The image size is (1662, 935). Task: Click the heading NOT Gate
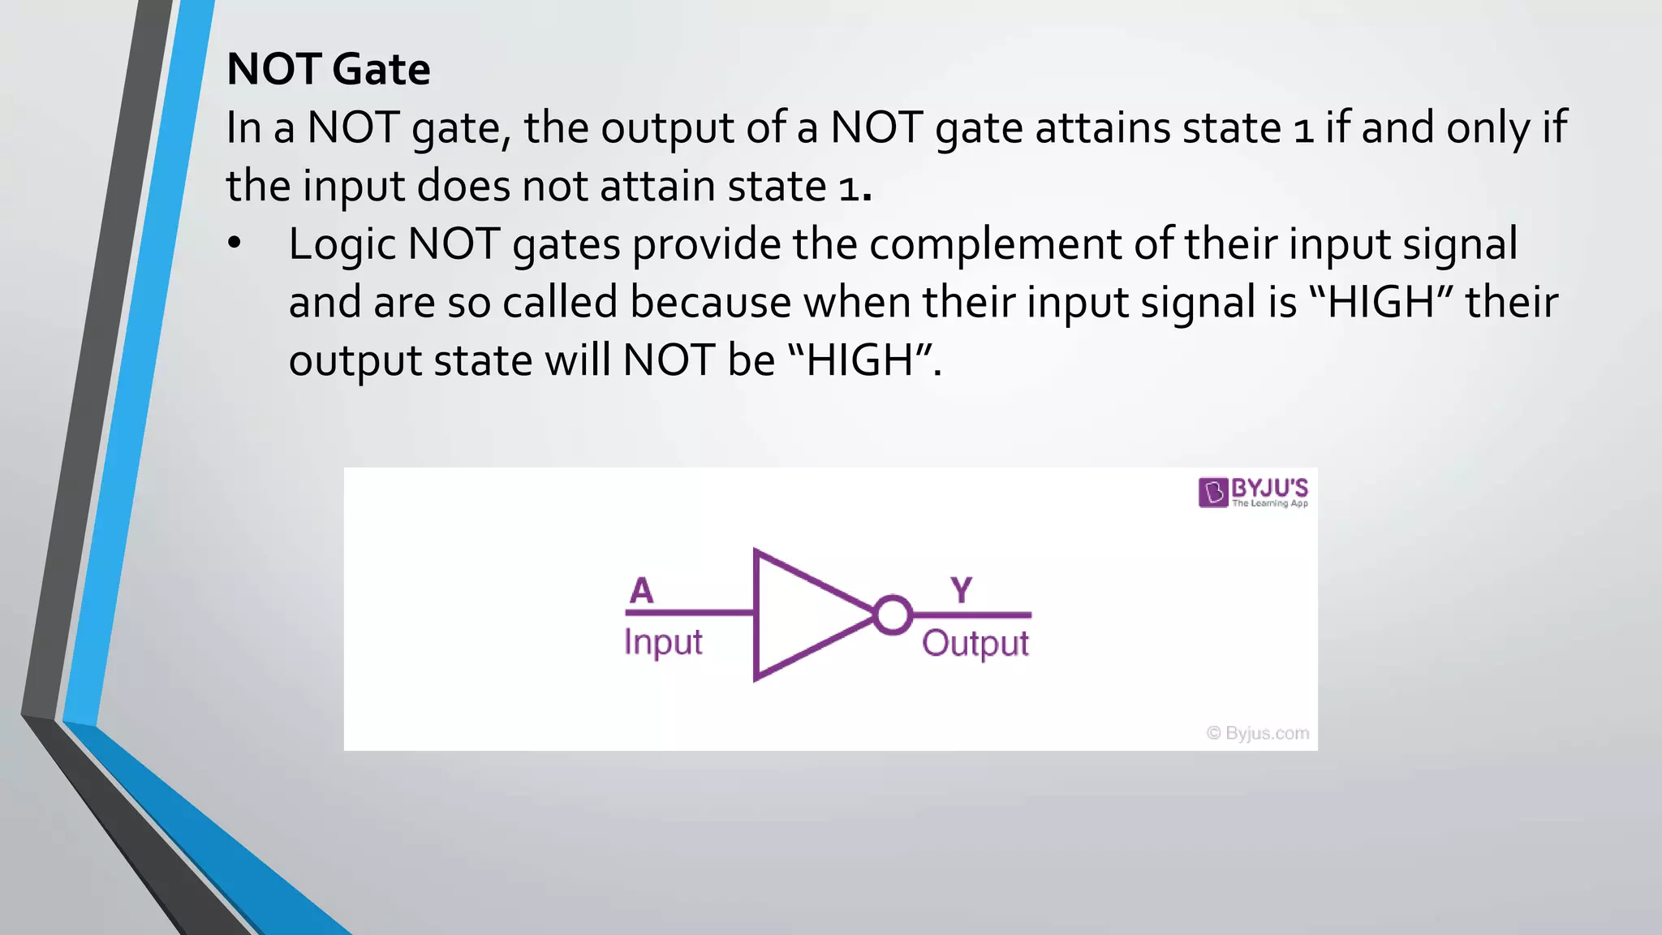click(328, 69)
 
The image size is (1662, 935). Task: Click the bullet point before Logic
click(235, 243)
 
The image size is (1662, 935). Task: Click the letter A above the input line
click(641, 590)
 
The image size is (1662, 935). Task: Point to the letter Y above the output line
click(962, 590)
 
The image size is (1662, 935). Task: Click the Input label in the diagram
click(662, 642)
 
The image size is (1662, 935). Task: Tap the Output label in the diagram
click(975, 644)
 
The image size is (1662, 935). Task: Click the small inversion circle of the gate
click(893, 614)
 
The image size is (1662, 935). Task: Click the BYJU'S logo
click(1253, 492)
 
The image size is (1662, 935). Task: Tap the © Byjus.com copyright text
click(1258, 733)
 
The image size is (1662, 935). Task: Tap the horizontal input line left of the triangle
click(690, 613)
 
